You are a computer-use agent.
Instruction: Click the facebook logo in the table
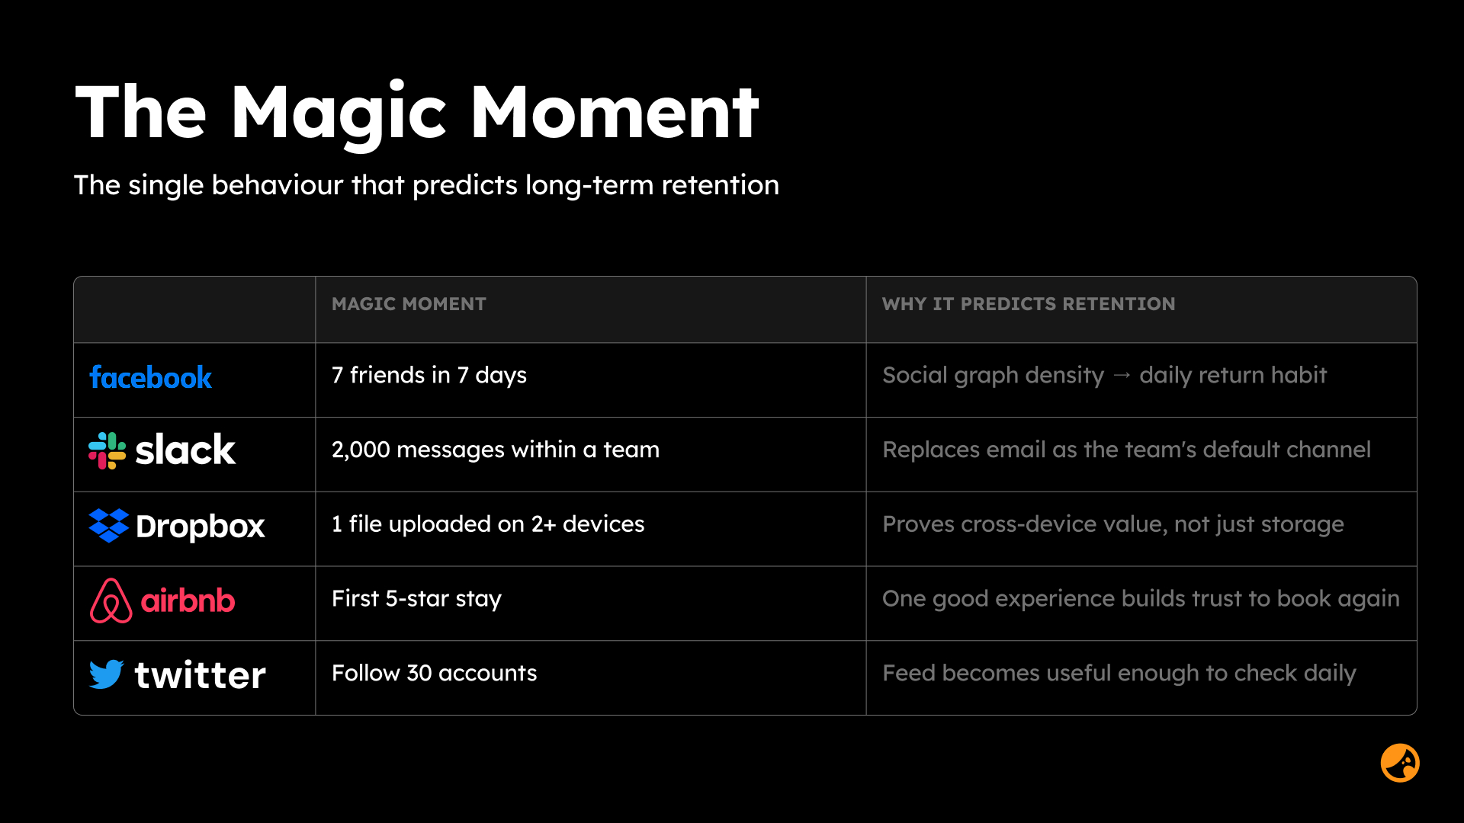tap(151, 377)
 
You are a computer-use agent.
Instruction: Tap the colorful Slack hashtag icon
tap(108, 450)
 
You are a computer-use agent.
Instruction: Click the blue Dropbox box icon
tap(108, 526)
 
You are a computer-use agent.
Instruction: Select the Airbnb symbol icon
tap(111, 600)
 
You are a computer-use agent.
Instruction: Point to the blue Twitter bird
tap(107, 674)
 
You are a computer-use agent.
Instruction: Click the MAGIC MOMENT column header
tap(409, 304)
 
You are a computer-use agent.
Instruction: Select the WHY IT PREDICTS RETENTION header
tap(1029, 304)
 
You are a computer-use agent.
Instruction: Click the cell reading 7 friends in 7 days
tap(429, 375)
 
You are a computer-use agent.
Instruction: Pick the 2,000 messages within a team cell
tap(496, 450)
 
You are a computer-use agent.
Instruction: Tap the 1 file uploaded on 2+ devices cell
tap(488, 524)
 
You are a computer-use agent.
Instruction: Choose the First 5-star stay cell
tap(416, 599)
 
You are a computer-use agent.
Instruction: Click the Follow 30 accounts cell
tap(435, 673)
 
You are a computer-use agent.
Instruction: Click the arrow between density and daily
tap(1122, 375)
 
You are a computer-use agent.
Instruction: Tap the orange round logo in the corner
tap(1400, 763)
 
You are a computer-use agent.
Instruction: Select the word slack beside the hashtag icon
tap(185, 450)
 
